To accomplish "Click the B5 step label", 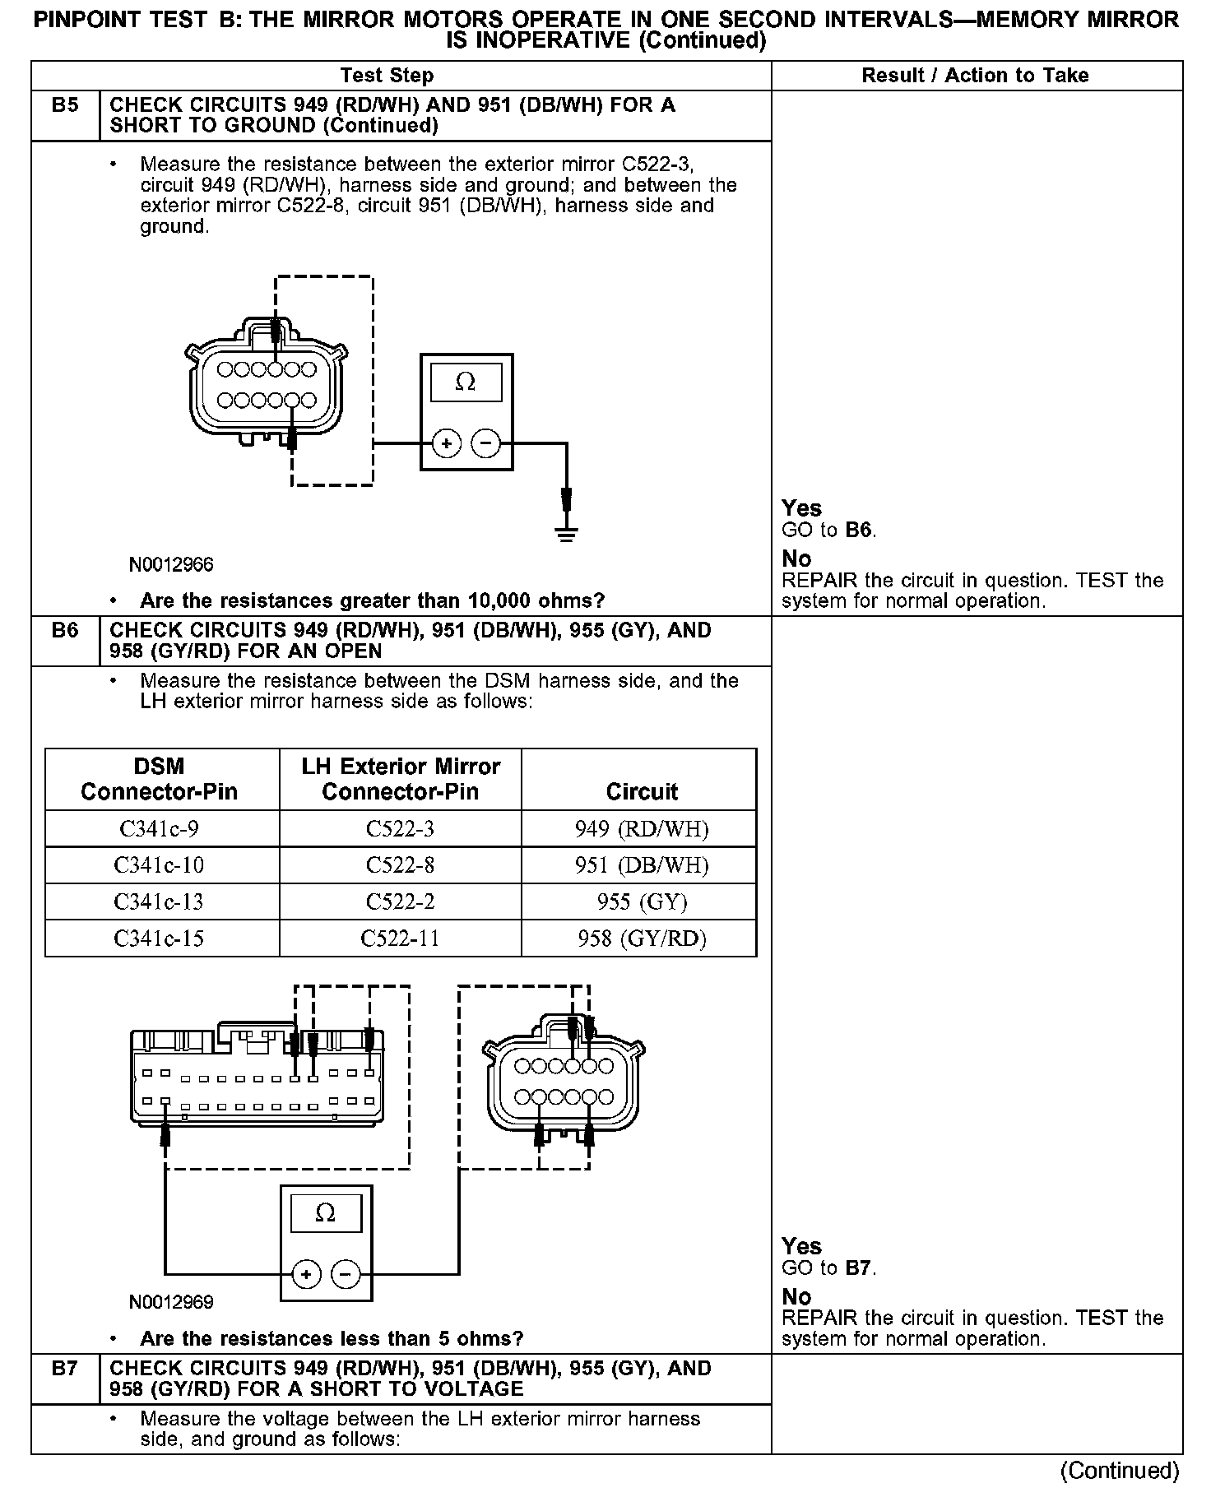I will tap(65, 105).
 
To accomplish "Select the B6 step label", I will tap(65, 631).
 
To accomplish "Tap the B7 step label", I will tap(65, 1369).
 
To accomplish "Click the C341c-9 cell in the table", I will tap(159, 828).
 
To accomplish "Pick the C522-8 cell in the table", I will tap(400, 865).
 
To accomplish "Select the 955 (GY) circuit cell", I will tap(642, 901).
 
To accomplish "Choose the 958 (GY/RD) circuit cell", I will tap(642, 939).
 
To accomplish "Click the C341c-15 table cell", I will tap(159, 939).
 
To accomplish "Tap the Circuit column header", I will tap(642, 791).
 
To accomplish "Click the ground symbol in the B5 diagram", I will tap(566, 534).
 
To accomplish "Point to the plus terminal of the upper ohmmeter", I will tap(447, 444).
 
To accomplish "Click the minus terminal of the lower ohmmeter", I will tap(346, 1275).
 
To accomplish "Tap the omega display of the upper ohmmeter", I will tap(466, 382).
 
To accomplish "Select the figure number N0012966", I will tap(171, 564).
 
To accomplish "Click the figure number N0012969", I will tap(171, 1302).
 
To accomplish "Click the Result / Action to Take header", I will tap(975, 76).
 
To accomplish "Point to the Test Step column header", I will tap(387, 76).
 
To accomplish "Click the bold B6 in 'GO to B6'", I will tap(858, 530).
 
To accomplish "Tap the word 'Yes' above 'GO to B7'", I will tap(801, 1246).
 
